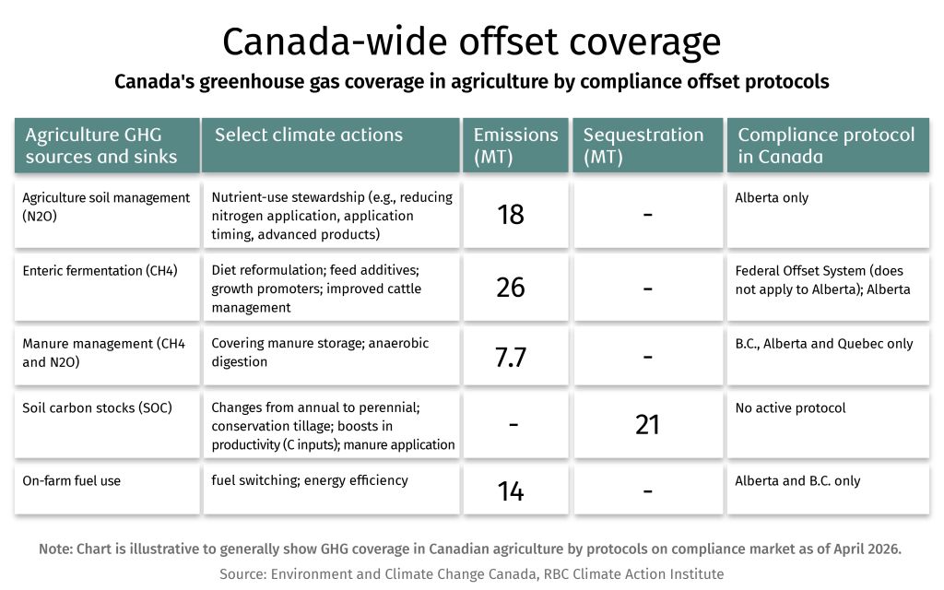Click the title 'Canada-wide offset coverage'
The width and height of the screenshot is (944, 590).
(x=471, y=42)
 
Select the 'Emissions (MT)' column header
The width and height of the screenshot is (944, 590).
(x=515, y=146)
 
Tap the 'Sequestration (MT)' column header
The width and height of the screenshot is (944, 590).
(x=643, y=146)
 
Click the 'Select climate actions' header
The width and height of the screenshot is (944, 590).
(x=309, y=136)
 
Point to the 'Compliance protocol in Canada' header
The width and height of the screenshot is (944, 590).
(x=826, y=146)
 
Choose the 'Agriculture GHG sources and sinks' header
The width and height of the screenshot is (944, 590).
(x=101, y=146)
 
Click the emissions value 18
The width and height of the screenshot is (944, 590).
(x=510, y=214)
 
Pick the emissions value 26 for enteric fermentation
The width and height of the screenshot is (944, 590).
(x=510, y=287)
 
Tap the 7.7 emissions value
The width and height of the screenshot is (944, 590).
(x=510, y=358)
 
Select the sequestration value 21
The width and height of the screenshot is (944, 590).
(x=647, y=424)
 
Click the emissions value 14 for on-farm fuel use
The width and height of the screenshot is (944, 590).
(x=510, y=491)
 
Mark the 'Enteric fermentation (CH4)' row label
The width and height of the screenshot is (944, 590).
(x=100, y=271)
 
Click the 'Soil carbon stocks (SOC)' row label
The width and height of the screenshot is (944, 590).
(x=97, y=407)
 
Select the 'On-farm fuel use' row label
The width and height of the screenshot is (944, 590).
(x=71, y=480)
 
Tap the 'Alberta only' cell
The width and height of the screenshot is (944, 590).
(x=772, y=198)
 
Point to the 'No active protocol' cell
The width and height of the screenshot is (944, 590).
(x=790, y=407)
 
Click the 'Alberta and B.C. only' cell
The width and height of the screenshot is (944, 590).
(x=797, y=480)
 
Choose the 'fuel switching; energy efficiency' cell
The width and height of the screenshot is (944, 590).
(x=310, y=480)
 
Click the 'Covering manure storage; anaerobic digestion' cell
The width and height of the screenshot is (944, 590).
(x=320, y=352)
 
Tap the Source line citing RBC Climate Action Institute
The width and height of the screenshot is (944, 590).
(x=471, y=573)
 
